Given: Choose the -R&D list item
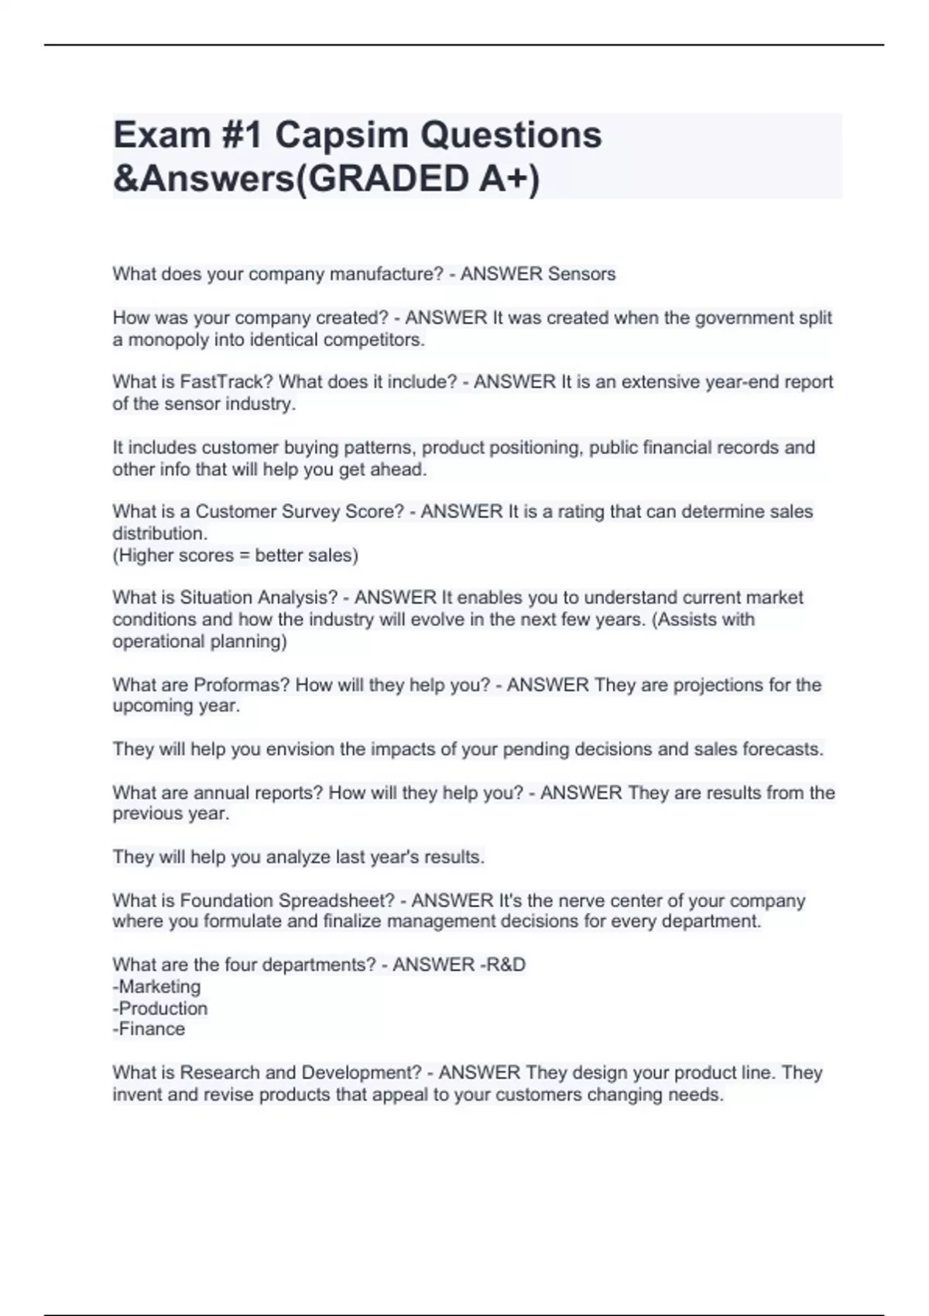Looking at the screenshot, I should [503, 965].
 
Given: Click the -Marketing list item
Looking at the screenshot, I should [157, 987].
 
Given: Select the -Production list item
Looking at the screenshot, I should [160, 1009].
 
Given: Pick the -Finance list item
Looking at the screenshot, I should [149, 1030].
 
